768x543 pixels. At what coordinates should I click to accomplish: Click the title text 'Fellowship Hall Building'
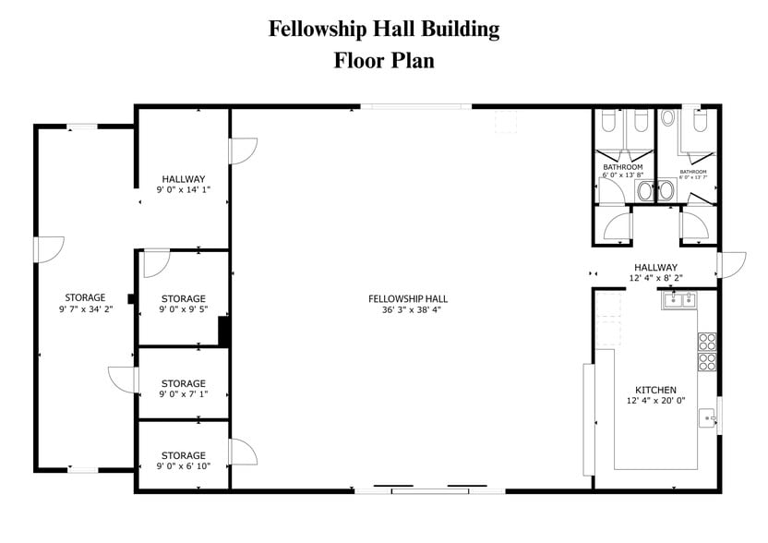click(384, 29)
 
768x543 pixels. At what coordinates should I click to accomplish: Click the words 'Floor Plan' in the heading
click(384, 61)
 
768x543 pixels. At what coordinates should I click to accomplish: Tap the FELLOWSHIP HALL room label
click(408, 298)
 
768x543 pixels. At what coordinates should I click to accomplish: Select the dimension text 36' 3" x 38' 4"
click(408, 310)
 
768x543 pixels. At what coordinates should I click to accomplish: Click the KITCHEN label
click(655, 390)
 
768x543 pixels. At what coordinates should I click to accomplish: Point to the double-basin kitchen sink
click(680, 299)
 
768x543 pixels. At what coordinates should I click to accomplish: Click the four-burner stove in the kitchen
click(707, 350)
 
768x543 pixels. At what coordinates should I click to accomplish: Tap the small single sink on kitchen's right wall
click(708, 416)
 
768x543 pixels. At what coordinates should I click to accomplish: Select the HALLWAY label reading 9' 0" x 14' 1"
click(184, 178)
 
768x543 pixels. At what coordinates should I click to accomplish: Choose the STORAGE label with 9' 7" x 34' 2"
click(85, 297)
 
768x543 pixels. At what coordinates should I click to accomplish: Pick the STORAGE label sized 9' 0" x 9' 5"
click(184, 298)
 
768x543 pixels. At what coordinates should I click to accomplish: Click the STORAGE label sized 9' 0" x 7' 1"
click(184, 383)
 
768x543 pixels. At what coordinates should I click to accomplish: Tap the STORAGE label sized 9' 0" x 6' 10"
click(184, 455)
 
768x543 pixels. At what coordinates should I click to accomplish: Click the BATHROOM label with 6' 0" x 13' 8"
click(623, 167)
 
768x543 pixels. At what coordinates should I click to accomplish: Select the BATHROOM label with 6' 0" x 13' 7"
click(693, 172)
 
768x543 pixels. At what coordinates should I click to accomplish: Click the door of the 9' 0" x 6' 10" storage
click(242, 452)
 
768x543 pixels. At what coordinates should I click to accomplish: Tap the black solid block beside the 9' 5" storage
click(223, 331)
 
